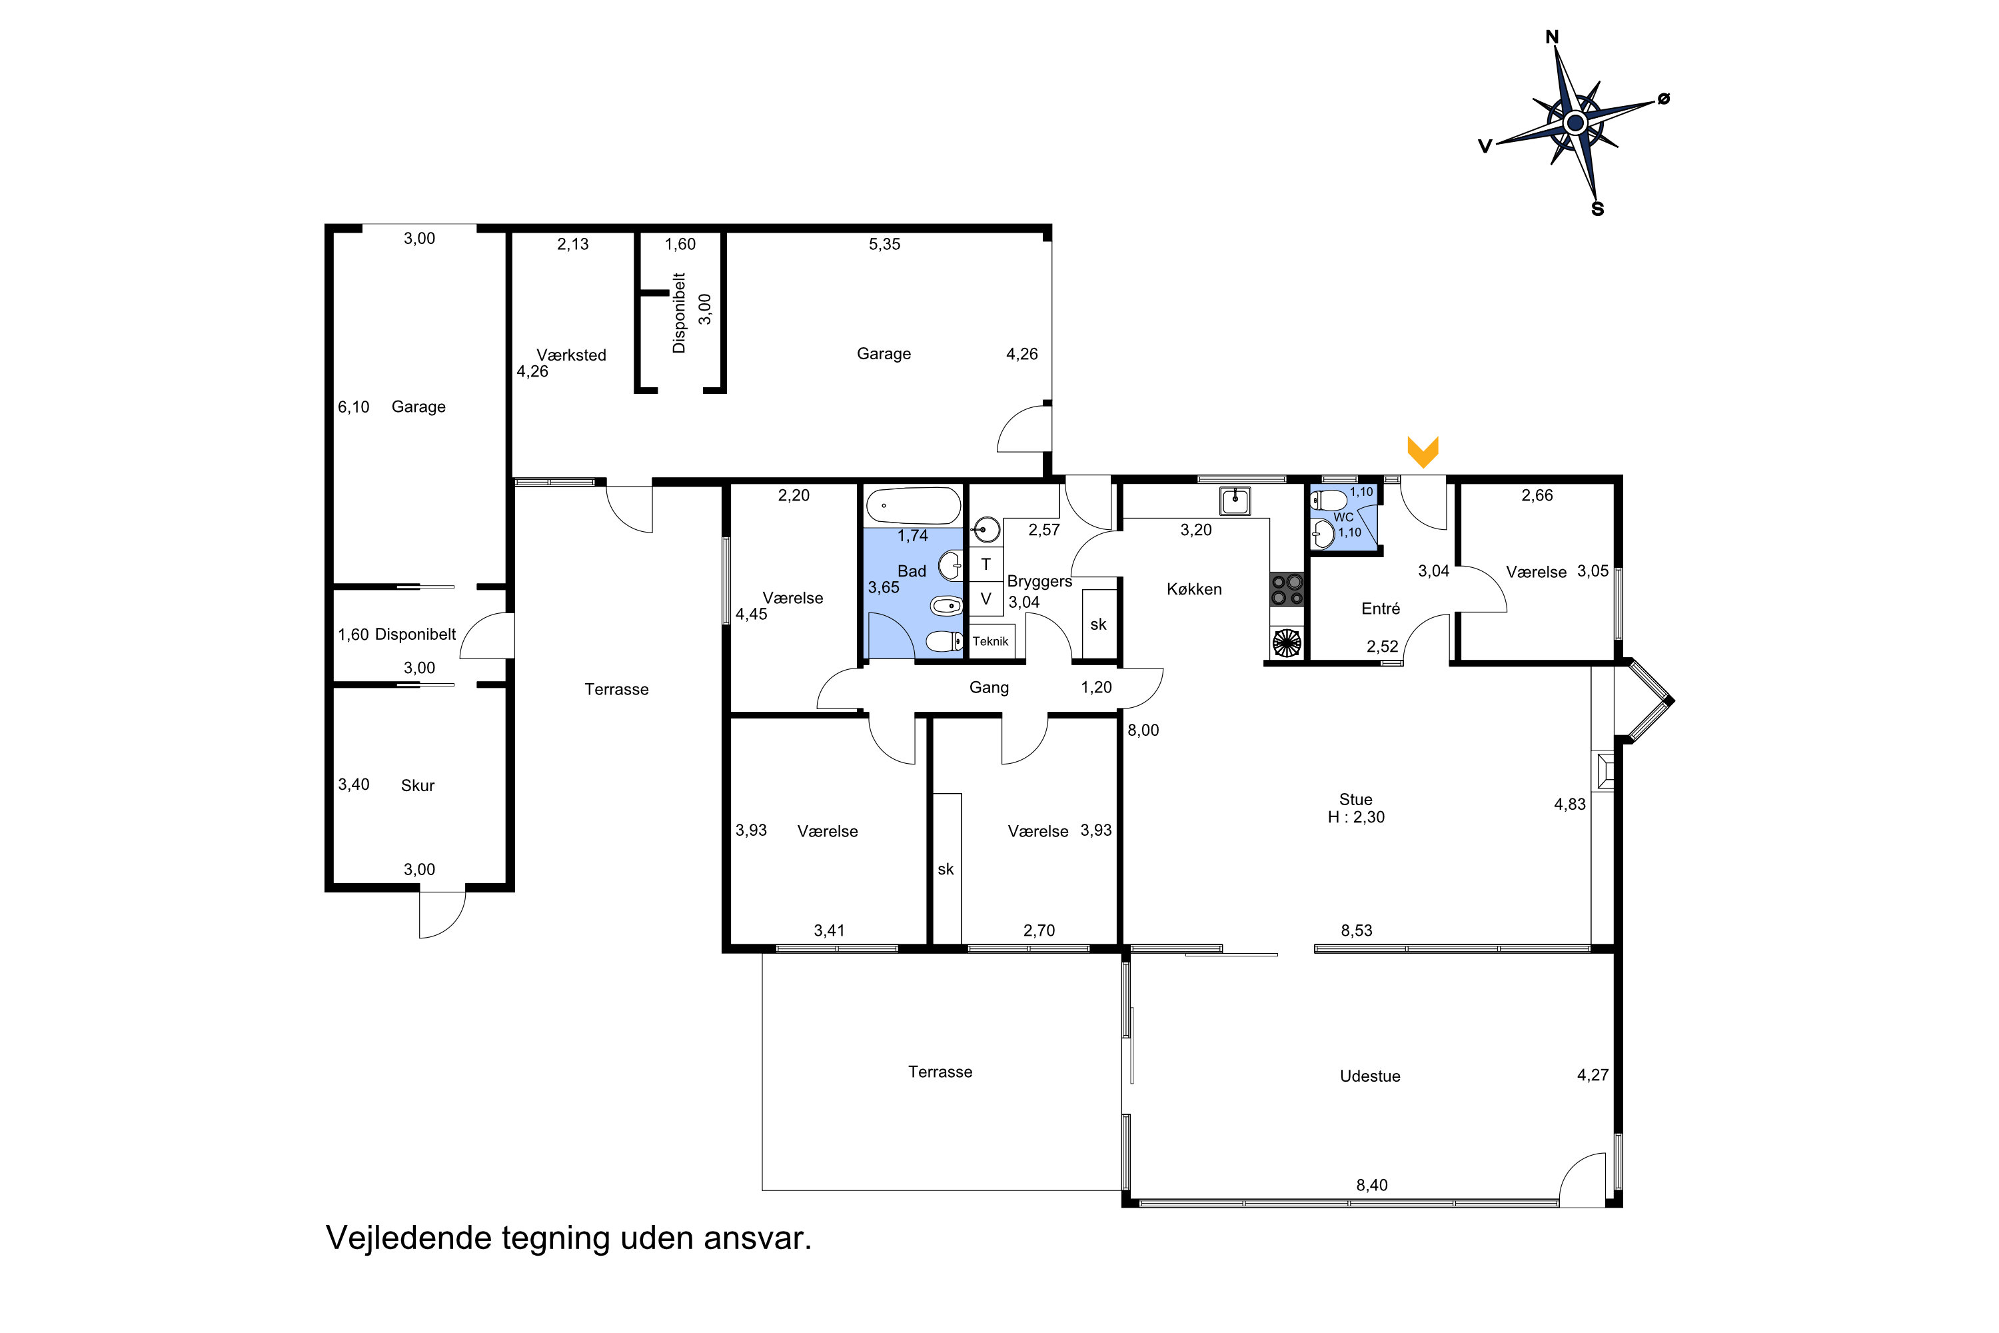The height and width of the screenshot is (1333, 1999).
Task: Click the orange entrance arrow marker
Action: [1423, 451]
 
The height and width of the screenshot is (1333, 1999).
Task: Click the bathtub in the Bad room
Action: [914, 506]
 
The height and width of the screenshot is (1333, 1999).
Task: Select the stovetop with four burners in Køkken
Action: [1287, 589]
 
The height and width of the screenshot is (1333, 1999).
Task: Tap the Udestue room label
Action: [1370, 1076]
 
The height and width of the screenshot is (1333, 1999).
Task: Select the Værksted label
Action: [571, 355]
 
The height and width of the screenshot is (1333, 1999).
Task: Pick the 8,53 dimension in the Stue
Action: [1357, 930]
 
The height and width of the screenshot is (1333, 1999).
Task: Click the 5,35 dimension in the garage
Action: [884, 244]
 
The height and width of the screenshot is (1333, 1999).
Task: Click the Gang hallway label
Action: [990, 688]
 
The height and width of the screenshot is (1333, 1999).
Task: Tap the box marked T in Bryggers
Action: [986, 564]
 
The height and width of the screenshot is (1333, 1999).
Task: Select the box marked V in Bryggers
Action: [986, 599]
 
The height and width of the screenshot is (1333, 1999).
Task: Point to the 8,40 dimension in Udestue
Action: [1372, 1185]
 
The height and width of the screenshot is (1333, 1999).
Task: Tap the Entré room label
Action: [1380, 609]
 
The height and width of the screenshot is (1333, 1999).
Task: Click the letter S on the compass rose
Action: [1597, 209]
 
